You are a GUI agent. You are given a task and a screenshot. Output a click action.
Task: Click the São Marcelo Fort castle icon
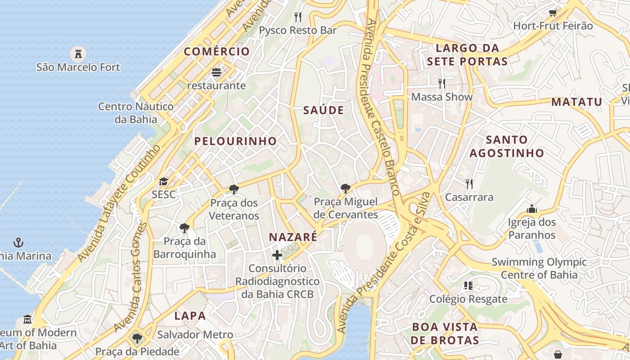pos(78,54)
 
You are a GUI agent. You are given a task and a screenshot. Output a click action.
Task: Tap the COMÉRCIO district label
pos(216,51)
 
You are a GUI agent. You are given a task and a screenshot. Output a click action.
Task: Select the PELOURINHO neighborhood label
pos(235,141)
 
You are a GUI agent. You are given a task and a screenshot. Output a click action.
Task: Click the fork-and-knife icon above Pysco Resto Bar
pos(297,17)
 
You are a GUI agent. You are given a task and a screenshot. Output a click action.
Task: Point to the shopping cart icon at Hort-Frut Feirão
pos(553,13)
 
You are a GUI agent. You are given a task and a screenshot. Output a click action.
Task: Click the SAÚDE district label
pos(324,110)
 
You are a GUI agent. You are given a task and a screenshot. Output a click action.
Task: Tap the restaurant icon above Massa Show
pos(442,83)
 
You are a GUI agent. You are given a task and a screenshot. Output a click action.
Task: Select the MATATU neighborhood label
pos(576,102)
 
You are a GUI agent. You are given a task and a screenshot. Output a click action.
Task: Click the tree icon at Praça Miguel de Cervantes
pos(345,189)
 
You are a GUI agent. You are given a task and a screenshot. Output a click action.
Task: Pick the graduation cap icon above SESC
pos(163,181)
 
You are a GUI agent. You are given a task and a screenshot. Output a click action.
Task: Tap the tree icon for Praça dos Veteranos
pos(234,189)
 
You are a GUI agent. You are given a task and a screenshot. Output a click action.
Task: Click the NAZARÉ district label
pos(293,237)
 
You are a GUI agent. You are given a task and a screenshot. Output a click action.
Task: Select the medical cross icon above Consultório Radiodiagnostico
pos(277,255)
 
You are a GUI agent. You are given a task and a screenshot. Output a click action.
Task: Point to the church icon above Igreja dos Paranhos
pos(532,209)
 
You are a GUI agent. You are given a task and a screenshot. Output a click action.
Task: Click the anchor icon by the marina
pos(18,243)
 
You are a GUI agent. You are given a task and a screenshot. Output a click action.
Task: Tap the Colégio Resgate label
pos(468,299)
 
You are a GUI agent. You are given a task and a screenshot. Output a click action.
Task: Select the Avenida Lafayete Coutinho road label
pos(119,203)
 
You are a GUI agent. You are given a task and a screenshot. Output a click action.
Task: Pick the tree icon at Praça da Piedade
pos(137,338)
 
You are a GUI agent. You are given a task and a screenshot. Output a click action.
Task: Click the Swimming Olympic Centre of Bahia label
pos(539,268)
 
